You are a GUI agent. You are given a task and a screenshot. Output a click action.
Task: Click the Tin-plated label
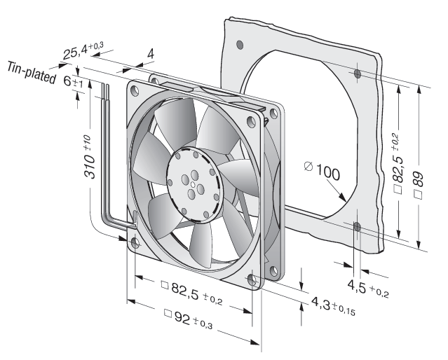point(32,73)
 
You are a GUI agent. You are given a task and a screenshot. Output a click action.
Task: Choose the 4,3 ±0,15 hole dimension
point(333,306)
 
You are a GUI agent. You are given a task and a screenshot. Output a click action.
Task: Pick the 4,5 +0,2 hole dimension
point(368,288)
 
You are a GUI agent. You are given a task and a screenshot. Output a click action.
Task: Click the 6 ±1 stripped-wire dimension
point(73,82)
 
